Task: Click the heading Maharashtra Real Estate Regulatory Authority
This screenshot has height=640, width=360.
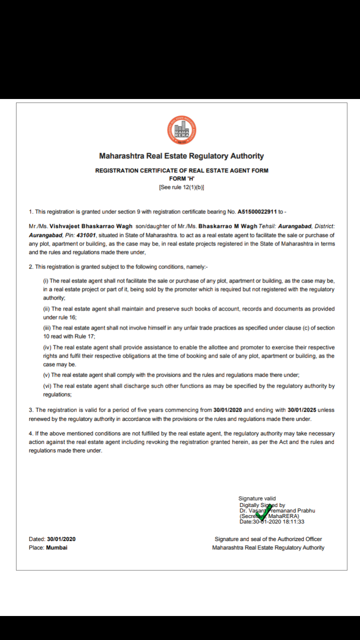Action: pyautogui.click(x=181, y=156)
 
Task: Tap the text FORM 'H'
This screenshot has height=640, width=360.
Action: pyautogui.click(x=181, y=178)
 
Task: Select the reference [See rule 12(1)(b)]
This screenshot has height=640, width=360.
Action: pyautogui.click(x=181, y=187)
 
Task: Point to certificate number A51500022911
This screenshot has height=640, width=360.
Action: pyautogui.click(x=259, y=212)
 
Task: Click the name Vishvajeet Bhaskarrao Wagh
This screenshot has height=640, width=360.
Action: pyautogui.click(x=91, y=226)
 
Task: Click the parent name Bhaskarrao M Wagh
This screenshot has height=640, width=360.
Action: pyautogui.click(x=228, y=226)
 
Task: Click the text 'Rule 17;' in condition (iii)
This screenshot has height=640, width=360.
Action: pyautogui.click(x=85, y=336)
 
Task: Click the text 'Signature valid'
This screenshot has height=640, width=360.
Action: pyautogui.click(x=257, y=498)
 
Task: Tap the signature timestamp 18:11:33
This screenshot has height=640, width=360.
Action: pyautogui.click(x=293, y=522)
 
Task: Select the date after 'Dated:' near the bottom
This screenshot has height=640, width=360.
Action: pyautogui.click(x=61, y=539)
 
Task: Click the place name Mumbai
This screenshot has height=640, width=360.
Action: pyautogui.click(x=56, y=547)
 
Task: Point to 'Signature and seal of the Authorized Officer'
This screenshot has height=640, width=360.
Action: pyautogui.click(x=268, y=539)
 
